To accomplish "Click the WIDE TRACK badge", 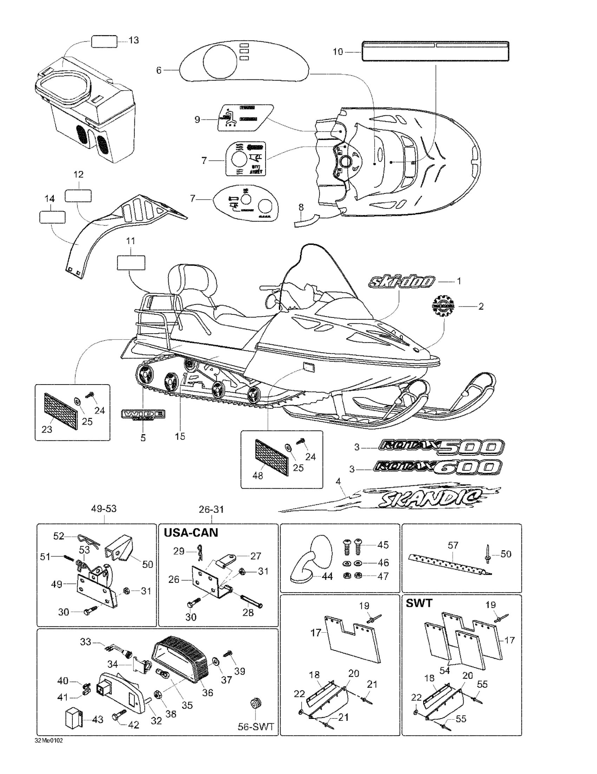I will tap(143, 415).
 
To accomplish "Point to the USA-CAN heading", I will tap(191, 533).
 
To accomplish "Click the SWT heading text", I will tap(419, 603).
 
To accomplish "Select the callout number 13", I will tap(134, 40).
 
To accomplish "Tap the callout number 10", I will tap(338, 52).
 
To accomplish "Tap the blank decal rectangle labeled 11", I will tap(131, 262).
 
